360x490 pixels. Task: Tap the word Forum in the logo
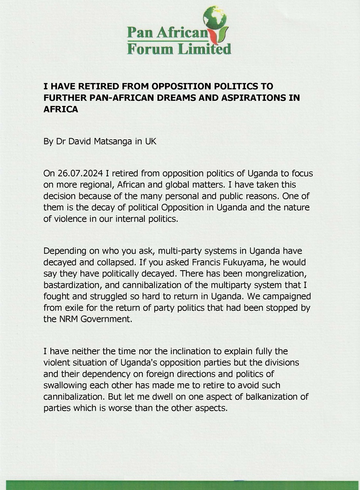point(146,49)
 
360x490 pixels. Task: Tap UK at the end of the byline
point(151,141)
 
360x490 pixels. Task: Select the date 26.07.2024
point(79,174)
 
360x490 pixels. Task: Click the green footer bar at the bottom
point(180,485)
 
